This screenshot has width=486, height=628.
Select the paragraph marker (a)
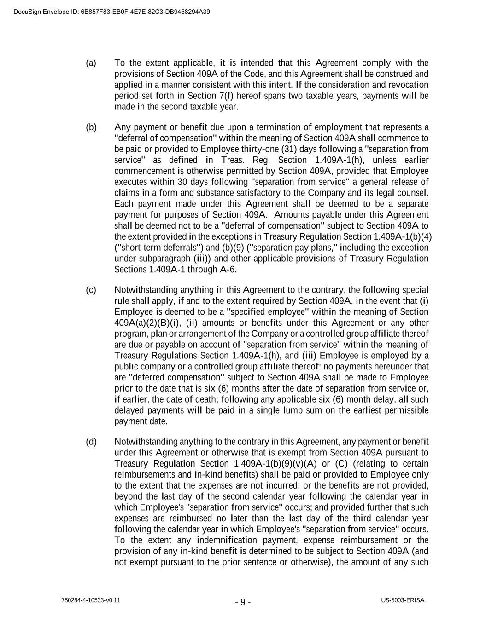tap(91, 63)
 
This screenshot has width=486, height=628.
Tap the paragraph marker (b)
tap(91, 127)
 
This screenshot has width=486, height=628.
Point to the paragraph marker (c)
tap(91, 290)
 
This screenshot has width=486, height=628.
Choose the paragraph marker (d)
tap(91, 442)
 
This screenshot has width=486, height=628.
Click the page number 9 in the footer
tap(243, 602)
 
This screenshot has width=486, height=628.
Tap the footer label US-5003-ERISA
tap(403, 600)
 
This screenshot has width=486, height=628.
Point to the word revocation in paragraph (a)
tap(409, 85)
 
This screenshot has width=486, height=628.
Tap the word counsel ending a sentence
tap(413, 193)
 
